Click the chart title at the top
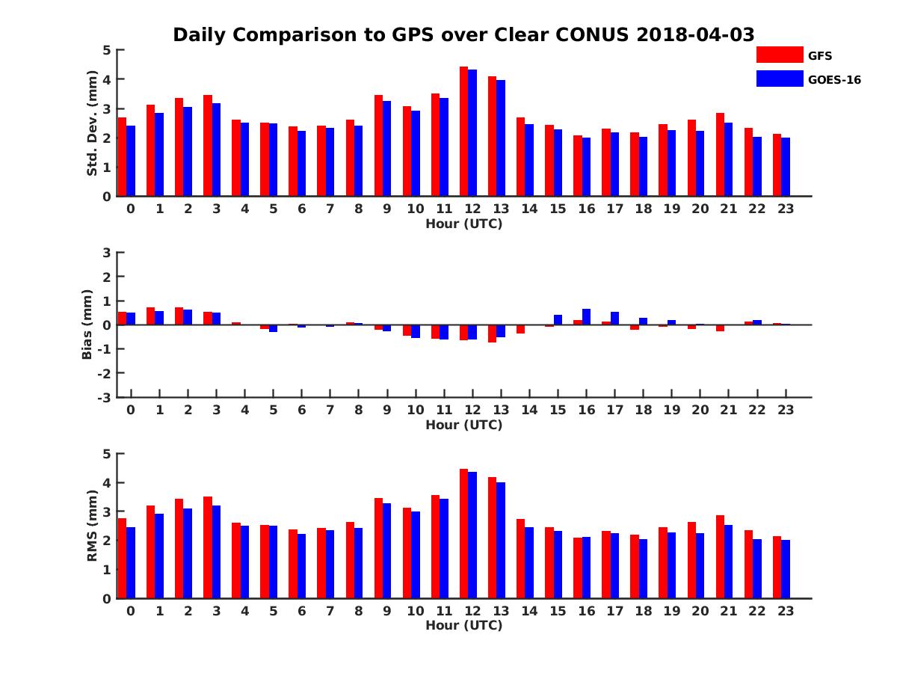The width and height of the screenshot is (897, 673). (463, 34)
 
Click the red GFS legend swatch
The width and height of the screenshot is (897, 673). (779, 55)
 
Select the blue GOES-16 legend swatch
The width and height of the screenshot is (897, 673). (779, 79)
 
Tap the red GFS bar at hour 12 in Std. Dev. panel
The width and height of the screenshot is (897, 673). (463, 132)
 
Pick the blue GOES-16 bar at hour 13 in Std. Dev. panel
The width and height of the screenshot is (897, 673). (501, 138)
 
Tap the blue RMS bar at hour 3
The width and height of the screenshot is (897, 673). (216, 552)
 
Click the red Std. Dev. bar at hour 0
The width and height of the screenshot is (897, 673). (122, 157)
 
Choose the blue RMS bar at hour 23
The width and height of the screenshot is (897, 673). (786, 569)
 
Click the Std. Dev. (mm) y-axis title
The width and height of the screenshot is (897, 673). (93, 123)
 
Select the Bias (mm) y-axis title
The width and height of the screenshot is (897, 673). (87, 325)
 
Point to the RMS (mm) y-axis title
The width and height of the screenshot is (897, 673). (93, 526)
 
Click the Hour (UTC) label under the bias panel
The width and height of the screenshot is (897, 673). (463, 425)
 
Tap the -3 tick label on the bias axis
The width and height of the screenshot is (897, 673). (105, 397)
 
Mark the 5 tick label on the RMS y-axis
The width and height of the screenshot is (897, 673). (107, 454)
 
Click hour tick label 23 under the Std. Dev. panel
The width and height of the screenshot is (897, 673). (785, 209)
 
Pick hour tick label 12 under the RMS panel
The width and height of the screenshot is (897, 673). (472, 610)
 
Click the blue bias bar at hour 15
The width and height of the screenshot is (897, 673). (558, 320)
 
